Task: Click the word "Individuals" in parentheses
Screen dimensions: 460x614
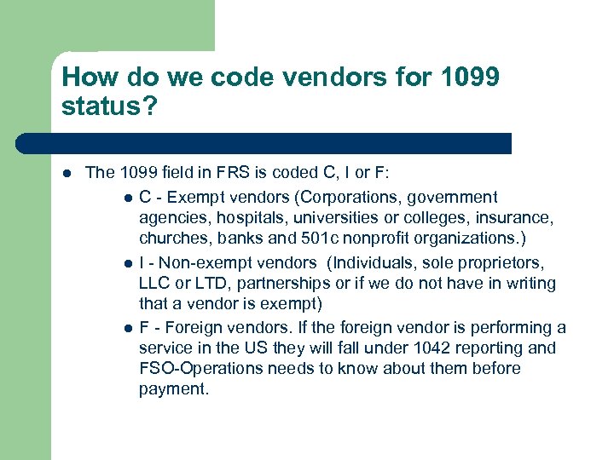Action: pos(372,262)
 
